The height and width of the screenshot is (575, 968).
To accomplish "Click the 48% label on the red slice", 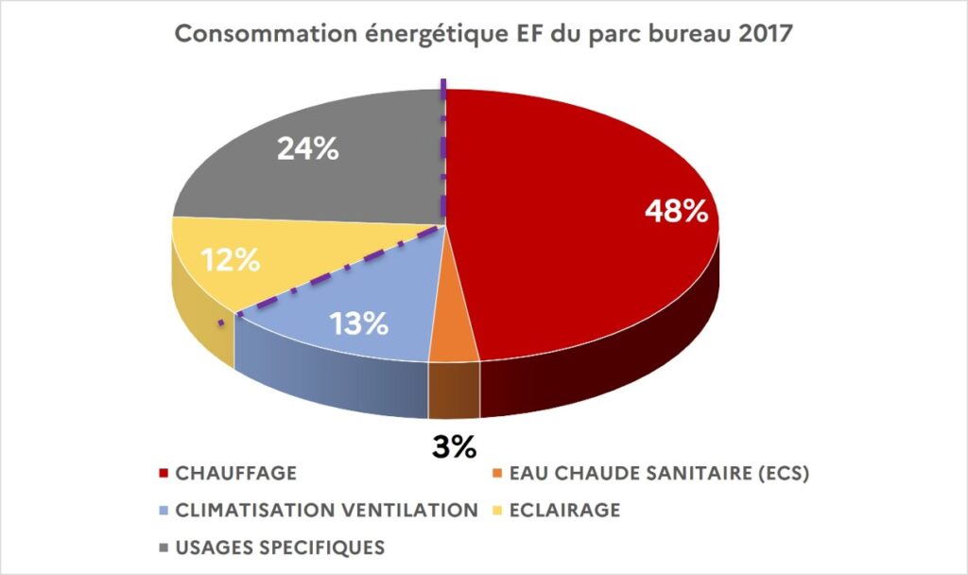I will (676, 211).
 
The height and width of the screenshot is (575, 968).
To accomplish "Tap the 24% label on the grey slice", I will (307, 148).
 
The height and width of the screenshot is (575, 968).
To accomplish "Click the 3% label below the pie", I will (454, 445).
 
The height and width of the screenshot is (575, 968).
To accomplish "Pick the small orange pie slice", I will (454, 341).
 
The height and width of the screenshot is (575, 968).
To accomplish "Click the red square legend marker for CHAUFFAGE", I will (164, 475).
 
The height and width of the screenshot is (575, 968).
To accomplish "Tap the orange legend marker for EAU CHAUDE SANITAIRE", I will (497, 475).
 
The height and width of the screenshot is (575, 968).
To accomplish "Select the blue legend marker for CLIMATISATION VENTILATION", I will (164, 512).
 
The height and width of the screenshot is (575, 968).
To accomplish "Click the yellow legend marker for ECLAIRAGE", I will (497, 512).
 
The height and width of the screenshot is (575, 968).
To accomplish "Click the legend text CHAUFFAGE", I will (235, 474).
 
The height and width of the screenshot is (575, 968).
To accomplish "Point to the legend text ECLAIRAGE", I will (565, 511).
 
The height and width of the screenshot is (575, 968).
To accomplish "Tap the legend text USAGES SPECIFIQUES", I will (280, 548).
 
